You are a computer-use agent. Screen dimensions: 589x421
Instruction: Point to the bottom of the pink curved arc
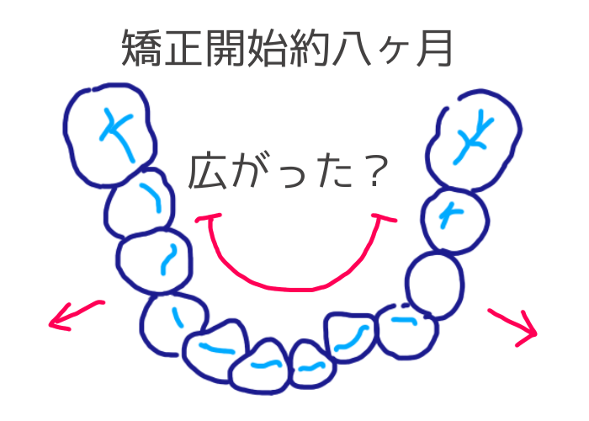pyautogui.click(x=299, y=287)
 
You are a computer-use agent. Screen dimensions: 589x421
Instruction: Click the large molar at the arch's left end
pyautogui.click(x=109, y=135)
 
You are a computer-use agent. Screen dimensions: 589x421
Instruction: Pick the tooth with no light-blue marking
pyautogui.click(x=434, y=279)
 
